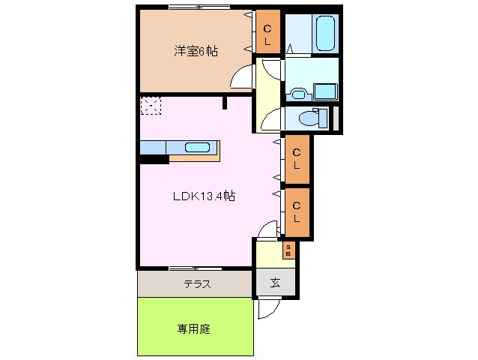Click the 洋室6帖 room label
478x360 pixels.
(x=196, y=52)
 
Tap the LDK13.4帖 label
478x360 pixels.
(x=205, y=196)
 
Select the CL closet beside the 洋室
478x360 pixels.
(x=267, y=33)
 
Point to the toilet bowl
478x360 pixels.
(x=307, y=118)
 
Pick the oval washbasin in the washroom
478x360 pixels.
(x=298, y=93)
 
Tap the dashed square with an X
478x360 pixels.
(x=150, y=106)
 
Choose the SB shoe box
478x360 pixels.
(x=288, y=250)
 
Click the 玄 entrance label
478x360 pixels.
(x=275, y=283)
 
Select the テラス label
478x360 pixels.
(x=197, y=284)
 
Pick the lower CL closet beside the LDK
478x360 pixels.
(x=297, y=211)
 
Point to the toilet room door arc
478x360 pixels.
(x=268, y=120)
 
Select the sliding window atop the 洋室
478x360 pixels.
(x=199, y=7)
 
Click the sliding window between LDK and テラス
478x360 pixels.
(x=195, y=268)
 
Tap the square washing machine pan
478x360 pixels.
(x=327, y=92)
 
